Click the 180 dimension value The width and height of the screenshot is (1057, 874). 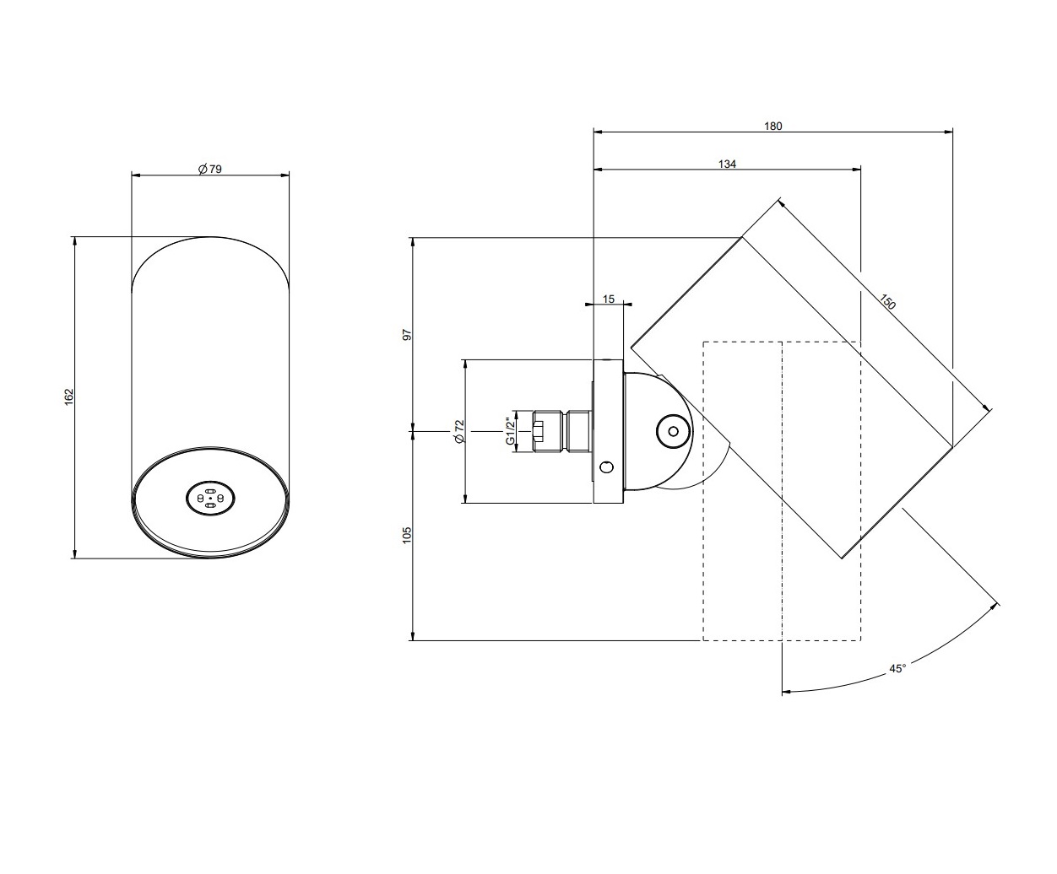tap(773, 126)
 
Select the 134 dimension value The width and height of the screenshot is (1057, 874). tap(727, 164)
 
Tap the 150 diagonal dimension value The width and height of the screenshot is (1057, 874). tap(887, 301)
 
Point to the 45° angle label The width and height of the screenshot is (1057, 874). tap(897, 669)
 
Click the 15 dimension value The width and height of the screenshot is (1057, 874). tap(609, 299)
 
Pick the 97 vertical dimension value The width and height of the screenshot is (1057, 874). tap(408, 334)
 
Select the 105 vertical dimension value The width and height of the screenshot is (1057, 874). tap(407, 536)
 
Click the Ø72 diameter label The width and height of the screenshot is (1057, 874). tap(459, 431)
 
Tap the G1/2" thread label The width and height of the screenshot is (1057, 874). tap(510, 431)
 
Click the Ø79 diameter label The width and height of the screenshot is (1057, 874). tap(210, 169)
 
